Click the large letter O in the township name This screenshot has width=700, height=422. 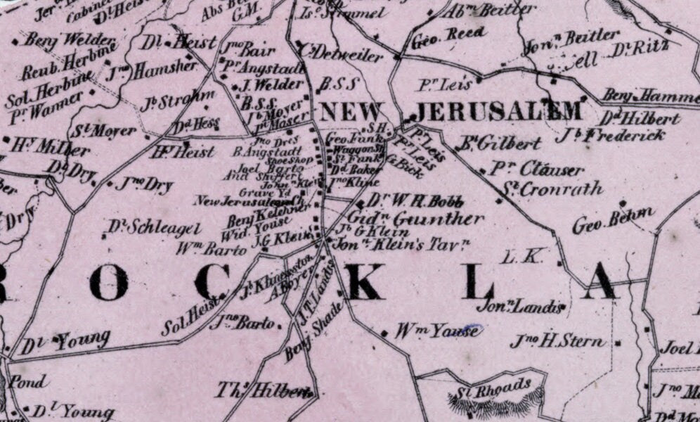[x=108, y=283]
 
